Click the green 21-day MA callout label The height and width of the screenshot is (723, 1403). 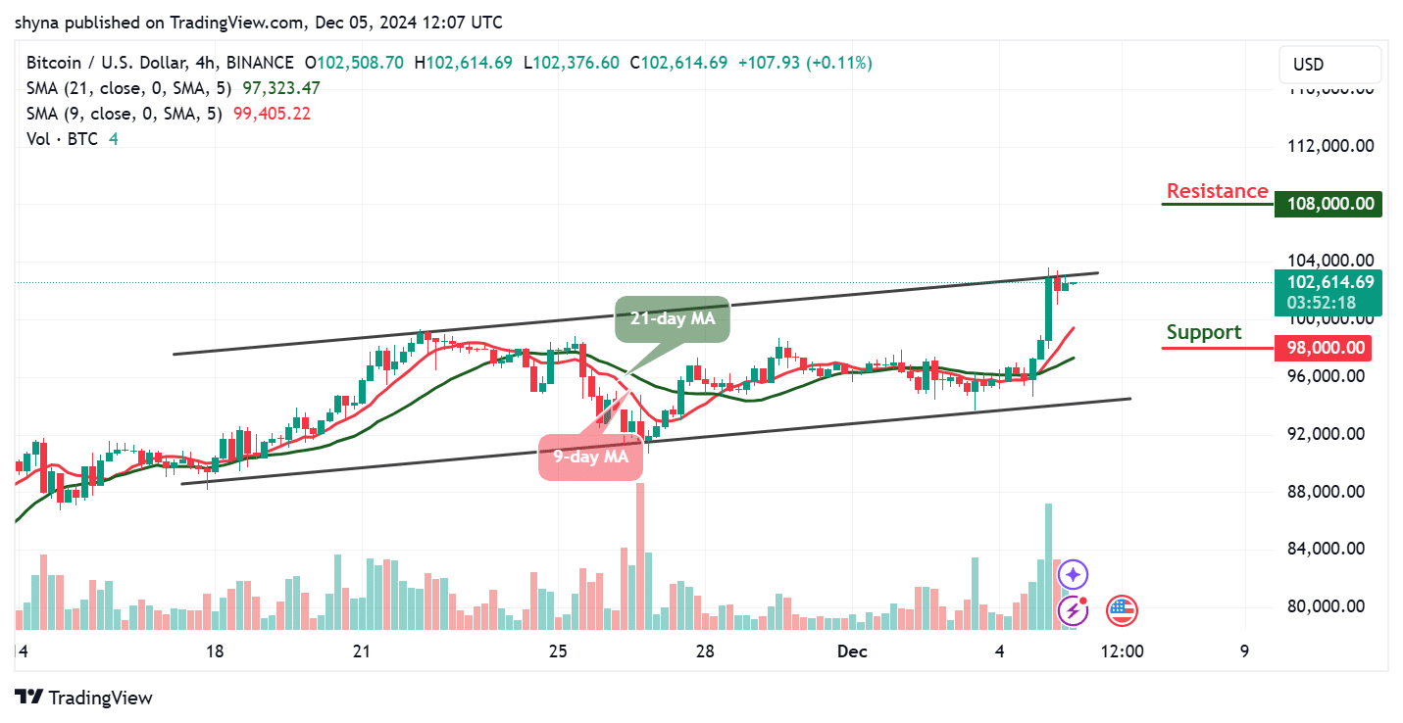673,318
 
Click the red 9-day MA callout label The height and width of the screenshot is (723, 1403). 590,456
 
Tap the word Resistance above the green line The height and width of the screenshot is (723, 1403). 1217,191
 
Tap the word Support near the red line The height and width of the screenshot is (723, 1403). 1203,332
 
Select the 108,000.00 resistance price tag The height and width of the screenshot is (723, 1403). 1328,205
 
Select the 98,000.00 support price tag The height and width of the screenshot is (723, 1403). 1328,347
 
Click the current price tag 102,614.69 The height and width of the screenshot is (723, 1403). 1328,282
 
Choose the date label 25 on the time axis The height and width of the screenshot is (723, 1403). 558,651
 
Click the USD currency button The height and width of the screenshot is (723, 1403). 1308,65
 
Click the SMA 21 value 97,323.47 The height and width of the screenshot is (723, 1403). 276,88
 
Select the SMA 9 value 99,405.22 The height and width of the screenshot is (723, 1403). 272,113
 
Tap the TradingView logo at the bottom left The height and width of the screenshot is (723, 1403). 85,698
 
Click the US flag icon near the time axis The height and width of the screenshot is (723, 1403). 1122,610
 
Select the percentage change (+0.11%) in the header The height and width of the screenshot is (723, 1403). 839,63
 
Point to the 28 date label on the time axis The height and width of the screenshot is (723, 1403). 703,651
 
